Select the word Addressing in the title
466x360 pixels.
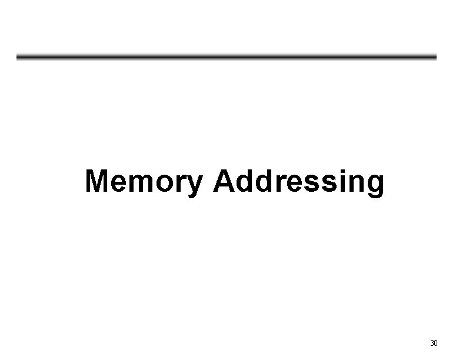(299, 181)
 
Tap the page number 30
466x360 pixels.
(434, 343)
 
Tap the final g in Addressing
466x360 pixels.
(375, 185)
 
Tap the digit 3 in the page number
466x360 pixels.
(432, 343)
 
